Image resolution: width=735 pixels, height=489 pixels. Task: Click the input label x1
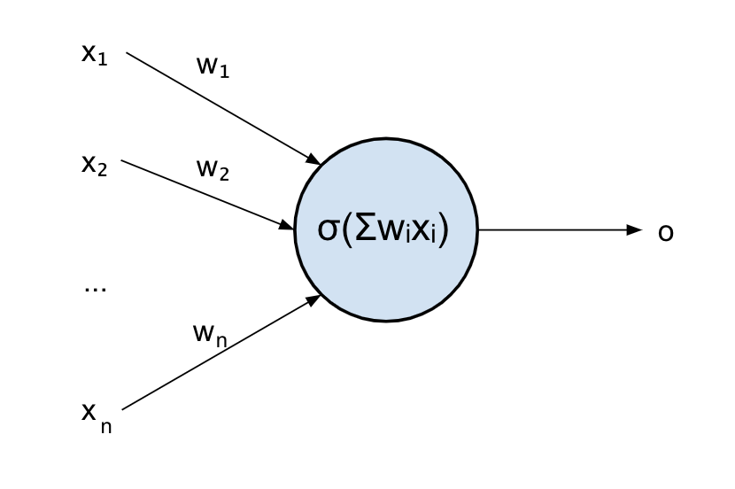point(94,54)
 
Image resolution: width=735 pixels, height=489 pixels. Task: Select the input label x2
point(94,165)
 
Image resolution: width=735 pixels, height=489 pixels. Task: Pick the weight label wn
point(210,334)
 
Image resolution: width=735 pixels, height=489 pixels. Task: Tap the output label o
point(666,232)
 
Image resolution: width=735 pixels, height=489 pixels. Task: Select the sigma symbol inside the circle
point(328,229)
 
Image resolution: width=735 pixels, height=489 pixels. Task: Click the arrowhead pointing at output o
point(634,230)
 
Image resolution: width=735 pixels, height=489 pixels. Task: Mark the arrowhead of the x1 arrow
point(313,159)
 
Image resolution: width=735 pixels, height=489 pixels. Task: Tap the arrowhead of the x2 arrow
point(286,225)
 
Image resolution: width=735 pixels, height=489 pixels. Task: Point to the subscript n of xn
point(106,426)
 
